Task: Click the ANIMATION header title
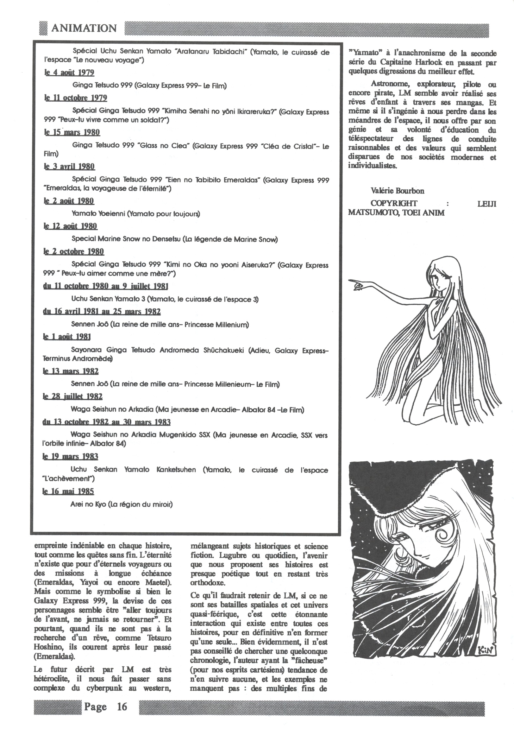click(x=84, y=28)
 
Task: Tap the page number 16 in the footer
click(x=122, y=706)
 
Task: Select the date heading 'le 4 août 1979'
click(x=69, y=73)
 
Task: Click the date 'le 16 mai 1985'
click(x=68, y=491)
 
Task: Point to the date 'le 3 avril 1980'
click(x=69, y=167)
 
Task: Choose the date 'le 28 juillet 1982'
click(x=72, y=396)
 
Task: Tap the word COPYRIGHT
click(x=393, y=203)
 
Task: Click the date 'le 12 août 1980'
click(x=70, y=226)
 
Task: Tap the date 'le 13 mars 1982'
click(x=71, y=371)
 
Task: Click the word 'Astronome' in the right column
click(x=389, y=84)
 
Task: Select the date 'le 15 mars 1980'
click(x=72, y=132)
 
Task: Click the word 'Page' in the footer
click(x=95, y=706)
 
